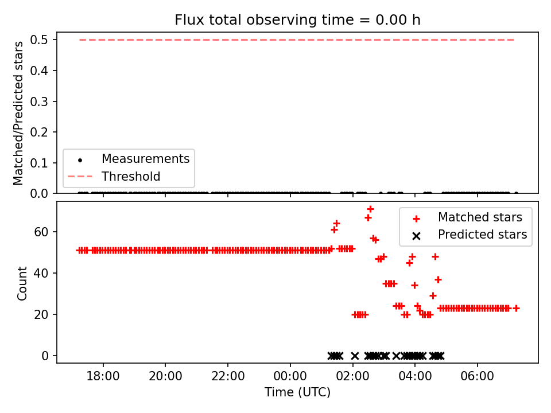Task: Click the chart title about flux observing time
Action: click(298, 20)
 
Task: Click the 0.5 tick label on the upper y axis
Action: click(38, 40)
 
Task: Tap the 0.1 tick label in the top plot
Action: click(38, 163)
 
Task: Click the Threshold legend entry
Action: click(114, 176)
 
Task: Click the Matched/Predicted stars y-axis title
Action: click(18, 113)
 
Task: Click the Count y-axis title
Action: click(22, 283)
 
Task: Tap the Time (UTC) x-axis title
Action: click(298, 392)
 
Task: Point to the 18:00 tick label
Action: click(103, 376)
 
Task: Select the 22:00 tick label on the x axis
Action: click(228, 376)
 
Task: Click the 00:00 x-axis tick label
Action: click(290, 376)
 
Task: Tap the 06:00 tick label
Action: click(477, 376)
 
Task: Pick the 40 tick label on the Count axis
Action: click(41, 273)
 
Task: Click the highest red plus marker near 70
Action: click(370, 209)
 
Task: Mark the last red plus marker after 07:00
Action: click(516, 309)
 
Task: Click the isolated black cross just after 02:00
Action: click(355, 356)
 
